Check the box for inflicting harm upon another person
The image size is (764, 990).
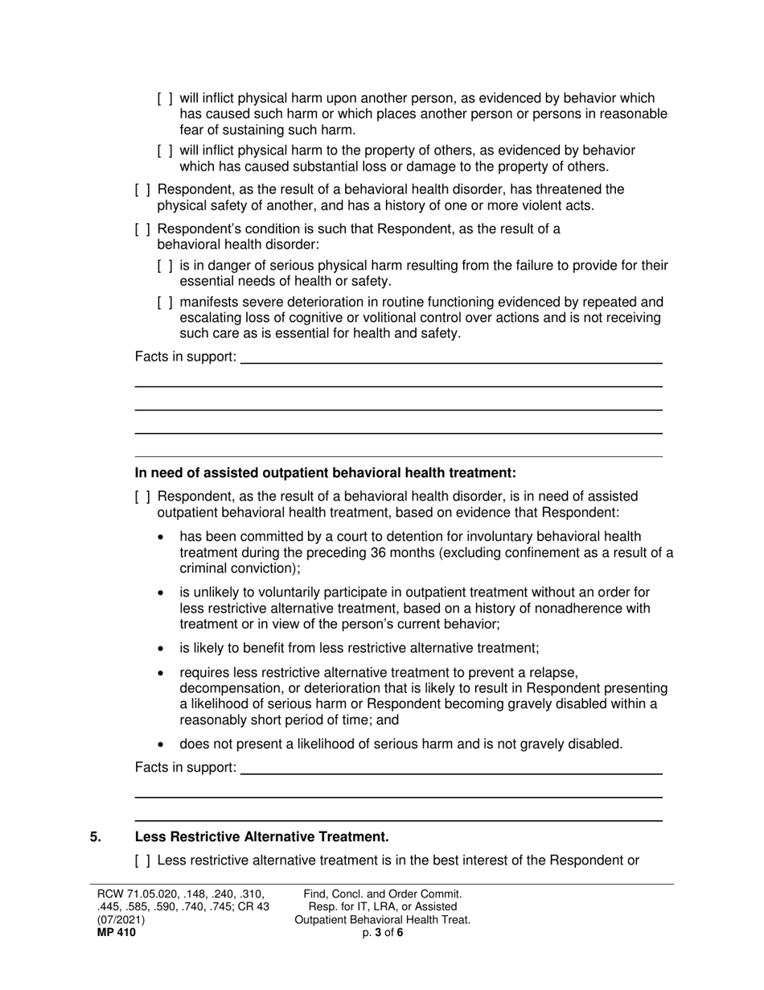click(x=165, y=98)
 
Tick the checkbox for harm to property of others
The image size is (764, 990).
click(x=165, y=151)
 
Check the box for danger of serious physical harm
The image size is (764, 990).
click(x=165, y=266)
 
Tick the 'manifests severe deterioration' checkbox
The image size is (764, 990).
click(x=165, y=303)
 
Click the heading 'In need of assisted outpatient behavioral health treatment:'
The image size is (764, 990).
click(x=325, y=472)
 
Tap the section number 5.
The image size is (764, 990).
click(x=96, y=836)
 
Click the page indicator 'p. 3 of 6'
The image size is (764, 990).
click(x=382, y=933)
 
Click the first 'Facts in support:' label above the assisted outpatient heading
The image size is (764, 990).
click(x=185, y=357)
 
